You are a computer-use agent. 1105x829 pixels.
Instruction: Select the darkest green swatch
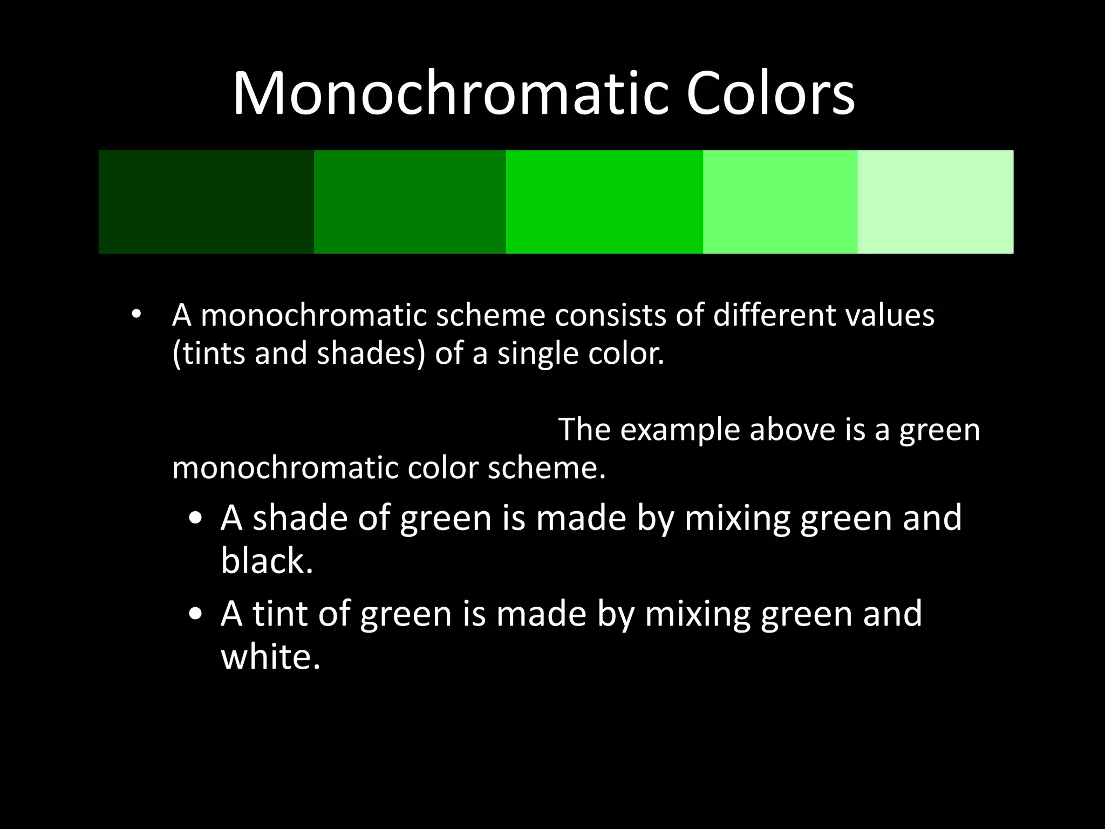tap(206, 202)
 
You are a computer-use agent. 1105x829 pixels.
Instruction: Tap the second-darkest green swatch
tap(410, 202)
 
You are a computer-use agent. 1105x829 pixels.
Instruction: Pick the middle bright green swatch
tap(604, 202)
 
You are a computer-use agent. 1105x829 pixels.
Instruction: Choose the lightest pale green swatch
tap(935, 202)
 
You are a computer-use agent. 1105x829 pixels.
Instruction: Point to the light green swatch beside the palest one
tap(780, 202)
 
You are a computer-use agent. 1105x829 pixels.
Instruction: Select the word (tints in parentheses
tap(209, 354)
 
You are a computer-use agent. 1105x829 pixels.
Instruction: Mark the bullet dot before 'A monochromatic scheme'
tap(135, 314)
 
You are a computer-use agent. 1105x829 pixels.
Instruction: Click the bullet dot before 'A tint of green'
tap(196, 614)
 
